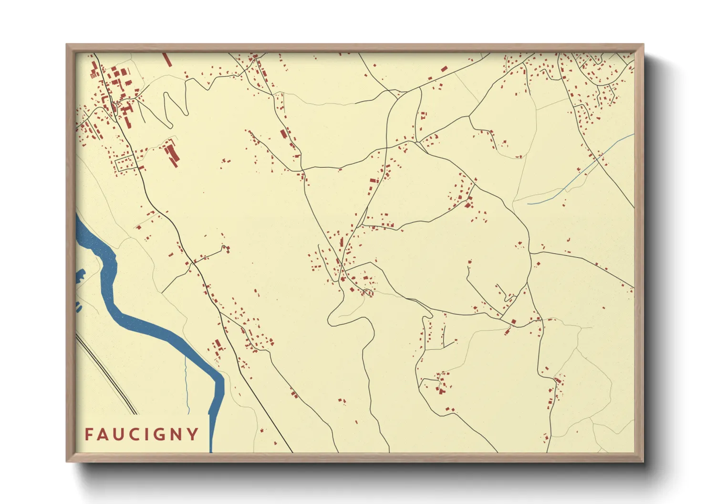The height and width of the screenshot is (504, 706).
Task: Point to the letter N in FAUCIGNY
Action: coord(177,434)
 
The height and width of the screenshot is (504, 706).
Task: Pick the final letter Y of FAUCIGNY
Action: coord(193,434)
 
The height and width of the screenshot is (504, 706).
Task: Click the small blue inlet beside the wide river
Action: coord(80,276)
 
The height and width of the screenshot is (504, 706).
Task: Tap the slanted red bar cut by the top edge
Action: coord(166,60)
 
